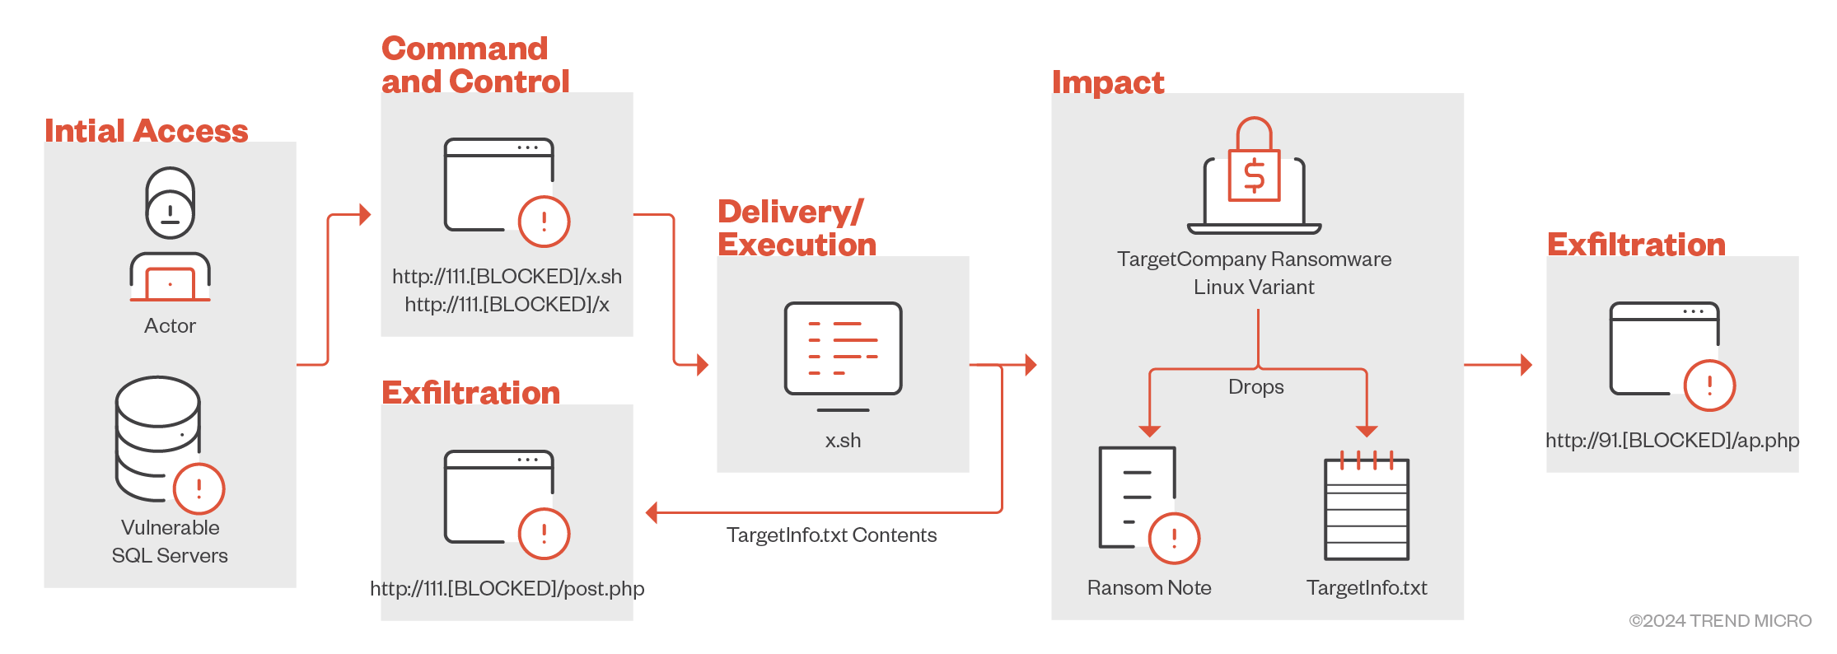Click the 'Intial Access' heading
tap(146, 131)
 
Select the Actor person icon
tap(170, 235)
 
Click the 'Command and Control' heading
tap(475, 65)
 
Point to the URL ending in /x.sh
tap(507, 276)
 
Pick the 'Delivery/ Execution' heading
tap(796, 228)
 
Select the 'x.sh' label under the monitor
tap(843, 441)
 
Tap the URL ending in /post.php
tap(507, 588)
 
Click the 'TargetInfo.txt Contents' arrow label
tap(831, 535)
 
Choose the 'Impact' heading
tap(1107, 82)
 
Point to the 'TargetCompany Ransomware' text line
tap(1254, 259)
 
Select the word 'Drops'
tap(1255, 387)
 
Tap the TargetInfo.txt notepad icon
tap(1367, 507)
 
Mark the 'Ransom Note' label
tap(1148, 588)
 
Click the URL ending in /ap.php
tap(1671, 441)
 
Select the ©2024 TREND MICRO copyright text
tap(1720, 621)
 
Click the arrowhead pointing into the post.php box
tap(652, 513)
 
